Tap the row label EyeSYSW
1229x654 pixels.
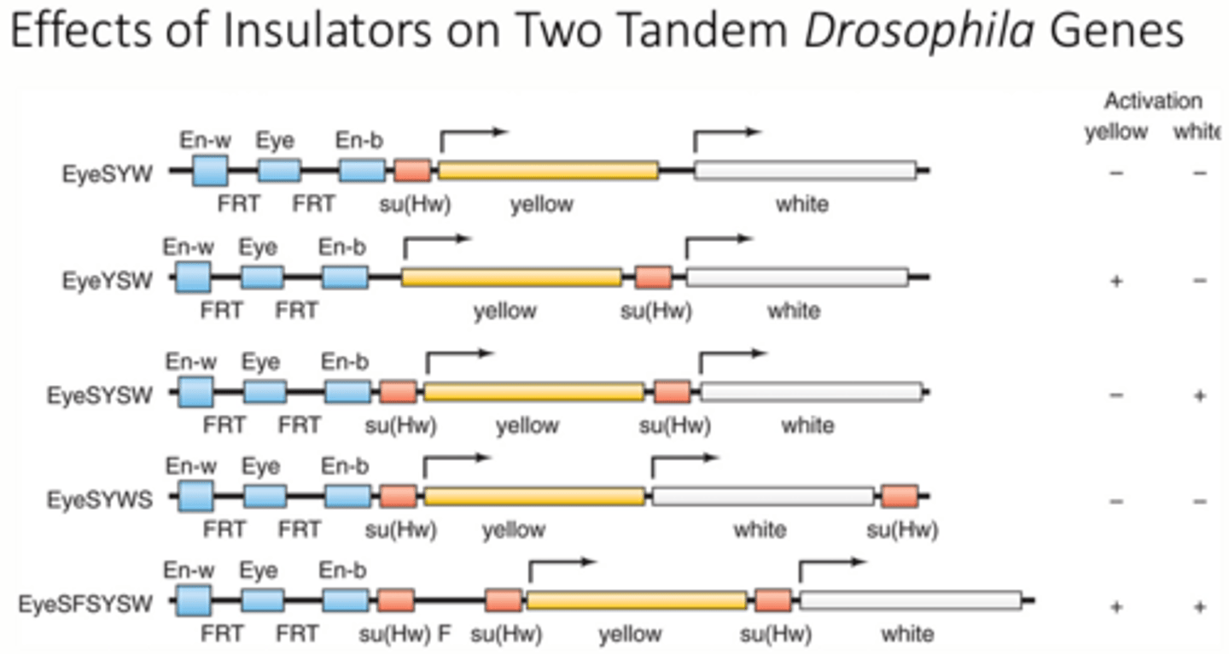click(101, 396)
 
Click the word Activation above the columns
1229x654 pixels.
click(1153, 102)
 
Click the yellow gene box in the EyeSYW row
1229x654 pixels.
click(548, 171)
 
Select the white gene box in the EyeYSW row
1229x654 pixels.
click(796, 277)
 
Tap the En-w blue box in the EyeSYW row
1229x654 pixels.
click(210, 170)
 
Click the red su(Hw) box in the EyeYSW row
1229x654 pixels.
click(653, 277)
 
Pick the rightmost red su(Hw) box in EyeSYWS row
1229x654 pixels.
click(900, 496)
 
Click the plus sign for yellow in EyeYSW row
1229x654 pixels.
click(1115, 282)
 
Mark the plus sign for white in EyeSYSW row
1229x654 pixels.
click(1199, 395)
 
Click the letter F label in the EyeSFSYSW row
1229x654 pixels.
click(444, 634)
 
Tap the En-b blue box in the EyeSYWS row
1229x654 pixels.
click(347, 496)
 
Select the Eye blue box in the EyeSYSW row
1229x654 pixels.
click(264, 393)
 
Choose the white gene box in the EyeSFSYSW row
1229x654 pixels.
click(911, 601)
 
